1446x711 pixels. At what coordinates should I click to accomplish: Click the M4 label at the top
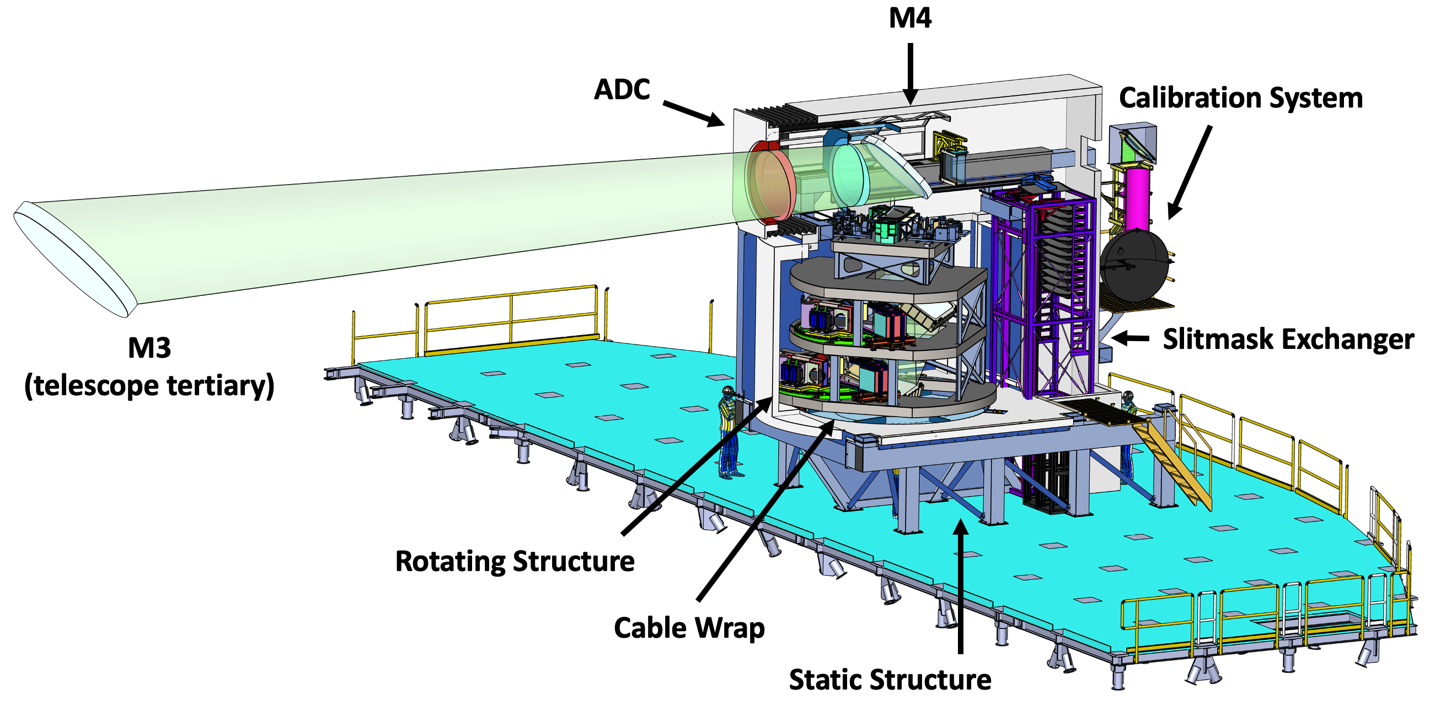(910, 18)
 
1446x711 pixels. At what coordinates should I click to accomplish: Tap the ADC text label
(622, 90)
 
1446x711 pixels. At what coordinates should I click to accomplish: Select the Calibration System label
(1240, 99)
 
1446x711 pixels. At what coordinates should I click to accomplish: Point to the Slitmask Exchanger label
(1288, 340)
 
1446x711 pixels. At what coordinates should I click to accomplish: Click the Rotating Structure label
(515, 561)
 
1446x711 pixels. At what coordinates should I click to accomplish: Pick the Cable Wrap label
(689, 628)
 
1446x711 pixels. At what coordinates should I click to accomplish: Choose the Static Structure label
(890, 680)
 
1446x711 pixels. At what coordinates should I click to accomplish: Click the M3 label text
(149, 348)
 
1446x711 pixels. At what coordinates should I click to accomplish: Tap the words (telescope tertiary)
(149, 386)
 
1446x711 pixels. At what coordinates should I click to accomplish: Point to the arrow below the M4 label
(910, 73)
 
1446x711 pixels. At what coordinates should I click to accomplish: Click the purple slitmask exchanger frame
(1038, 292)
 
